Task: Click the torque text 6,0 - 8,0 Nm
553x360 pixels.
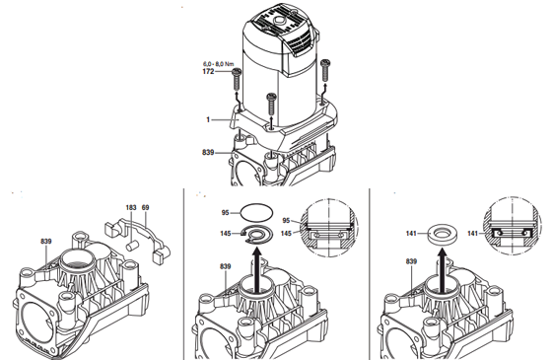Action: tap(218, 64)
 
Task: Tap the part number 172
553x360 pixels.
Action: tap(208, 71)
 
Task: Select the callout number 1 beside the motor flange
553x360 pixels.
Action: tap(208, 120)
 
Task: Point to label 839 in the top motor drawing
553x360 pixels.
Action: tap(208, 153)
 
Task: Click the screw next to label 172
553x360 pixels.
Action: tap(236, 80)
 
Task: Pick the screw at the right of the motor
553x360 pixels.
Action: tap(325, 70)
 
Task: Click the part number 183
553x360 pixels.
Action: tap(131, 207)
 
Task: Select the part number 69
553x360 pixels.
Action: tap(145, 207)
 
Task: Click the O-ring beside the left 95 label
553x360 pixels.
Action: tap(256, 212)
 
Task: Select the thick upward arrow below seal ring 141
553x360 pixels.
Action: tap(442, 269)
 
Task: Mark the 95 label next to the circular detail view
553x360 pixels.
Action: tap(286, 221)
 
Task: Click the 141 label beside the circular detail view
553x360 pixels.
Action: tap(472, 234)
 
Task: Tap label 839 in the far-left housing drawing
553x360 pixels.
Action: tap(46, 241)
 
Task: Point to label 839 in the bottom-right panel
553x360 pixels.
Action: tap(411, 261)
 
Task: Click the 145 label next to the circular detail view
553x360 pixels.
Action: tap(287, 234)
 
